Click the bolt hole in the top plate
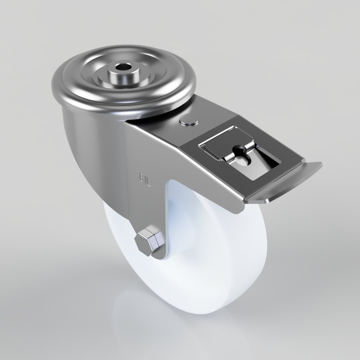[x=123, y=68]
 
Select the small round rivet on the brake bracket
[x=189, y=121]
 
